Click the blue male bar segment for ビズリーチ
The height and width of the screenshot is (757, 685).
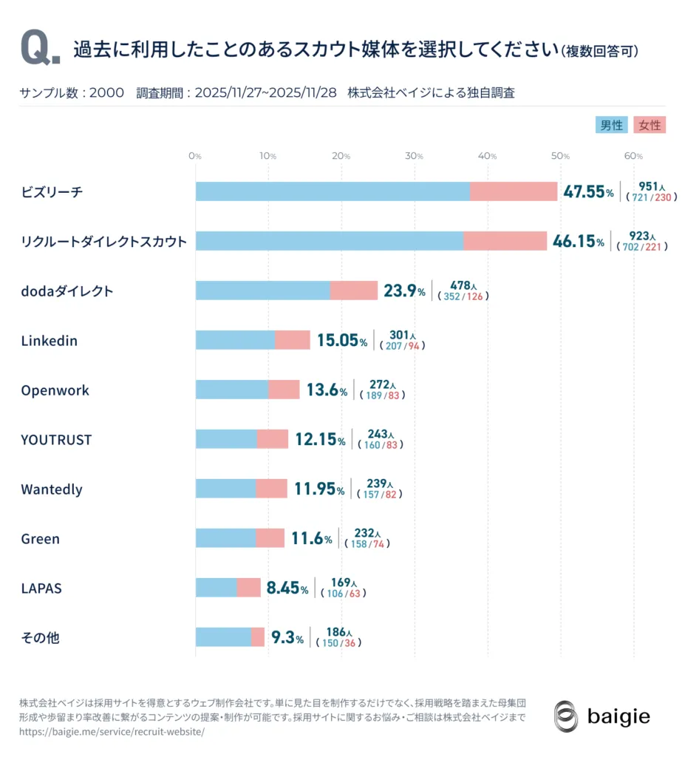(333, 191)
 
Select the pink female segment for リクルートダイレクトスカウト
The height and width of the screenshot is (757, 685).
(505, 241)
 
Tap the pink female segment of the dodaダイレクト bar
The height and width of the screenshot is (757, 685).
(354, 291)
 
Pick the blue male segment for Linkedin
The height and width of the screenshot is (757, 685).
(235, 340)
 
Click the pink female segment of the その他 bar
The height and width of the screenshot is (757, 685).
(258, 637)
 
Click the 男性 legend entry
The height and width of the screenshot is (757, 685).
(610, 125)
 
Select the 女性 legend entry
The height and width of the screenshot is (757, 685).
(650, 125)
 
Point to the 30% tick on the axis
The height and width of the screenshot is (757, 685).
(415, 156)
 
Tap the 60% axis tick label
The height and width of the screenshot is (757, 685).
(634, 156)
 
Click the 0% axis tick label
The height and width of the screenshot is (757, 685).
(195, 156)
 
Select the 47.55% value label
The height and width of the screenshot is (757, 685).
(588, 192)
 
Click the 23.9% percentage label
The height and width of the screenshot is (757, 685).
(403, 291)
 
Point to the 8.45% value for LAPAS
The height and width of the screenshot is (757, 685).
(287, 588)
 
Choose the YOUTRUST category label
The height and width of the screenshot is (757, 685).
(56, 440)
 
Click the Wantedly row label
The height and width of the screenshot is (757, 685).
(51, 489)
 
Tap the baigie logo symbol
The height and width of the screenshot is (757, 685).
(566, 716)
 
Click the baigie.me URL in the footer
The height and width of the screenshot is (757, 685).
(111, 732)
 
